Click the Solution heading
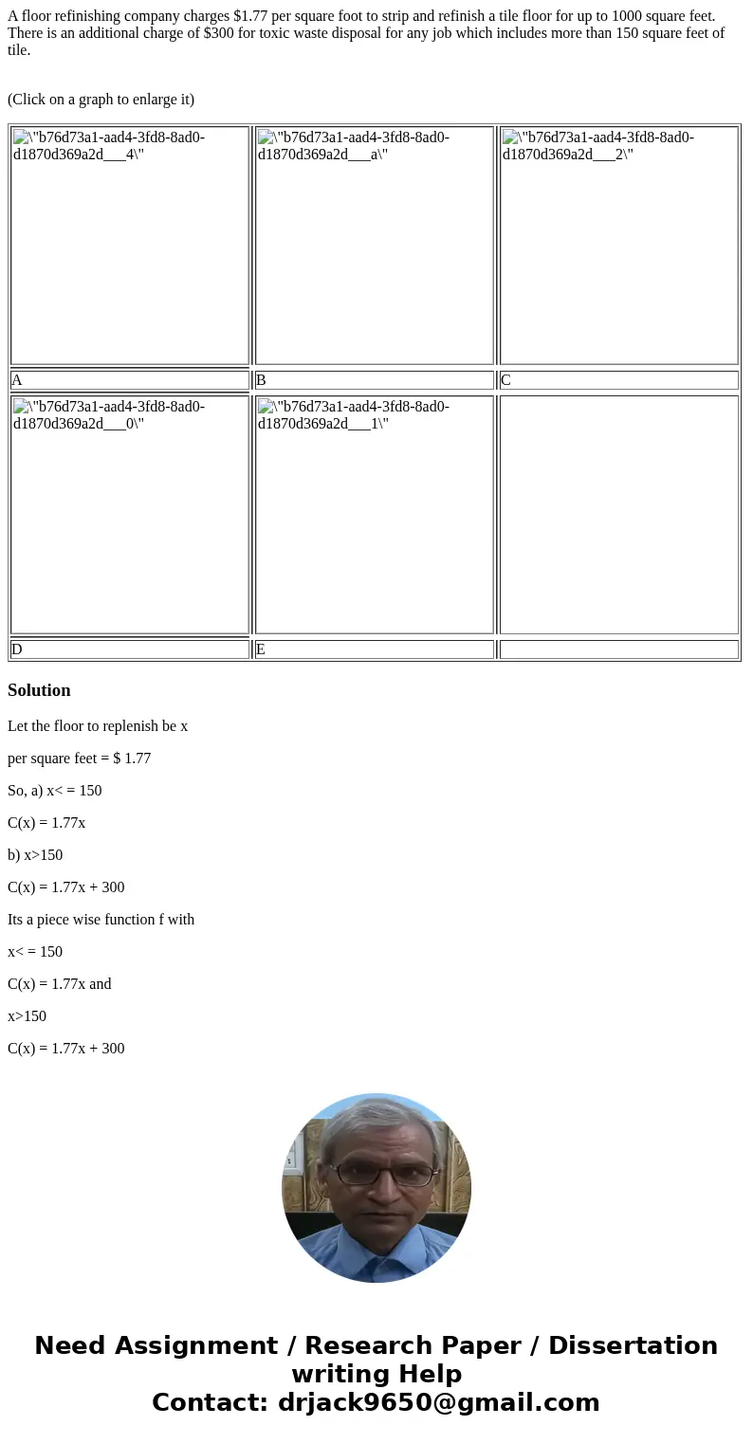(x=39, y=690)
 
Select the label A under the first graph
(x=17, y=380)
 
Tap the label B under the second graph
(x=261, y=380)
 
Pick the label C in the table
(x=505, y=380)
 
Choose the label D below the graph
(x=17, y=649)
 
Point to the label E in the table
(x=261, y=649)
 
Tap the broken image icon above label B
(x=266, y=137)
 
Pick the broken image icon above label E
(x=266, y=407)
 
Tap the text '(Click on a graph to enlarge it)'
(x=101, y=99)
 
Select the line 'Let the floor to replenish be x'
(x=98, y=726)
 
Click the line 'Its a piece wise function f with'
(x=101, y=920)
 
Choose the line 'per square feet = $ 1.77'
(x=79, y=759)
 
